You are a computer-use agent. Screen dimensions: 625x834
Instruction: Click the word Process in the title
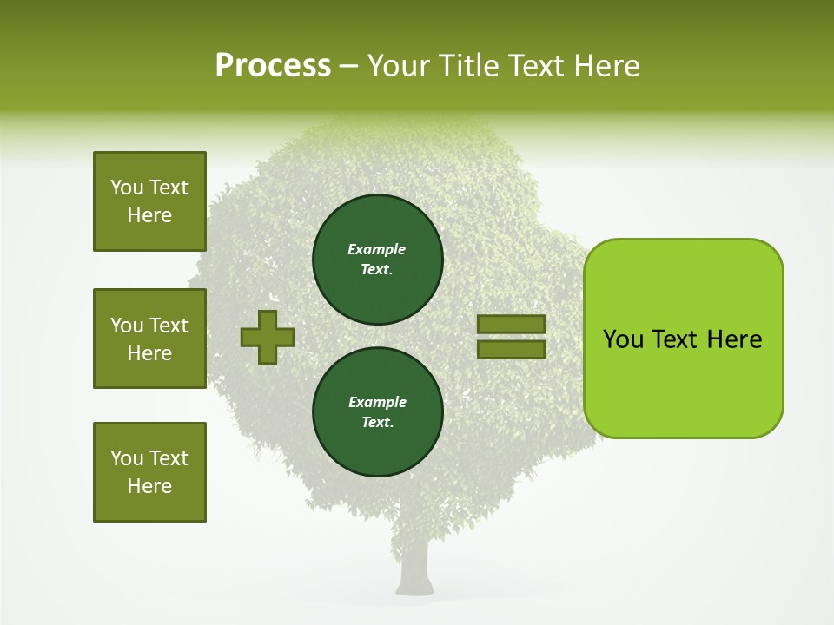(273, 66)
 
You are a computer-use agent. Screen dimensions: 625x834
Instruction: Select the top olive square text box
(149, 201)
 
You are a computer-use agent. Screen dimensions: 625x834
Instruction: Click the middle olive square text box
(149, 339)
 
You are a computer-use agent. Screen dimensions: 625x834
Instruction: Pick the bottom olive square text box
(149, 472)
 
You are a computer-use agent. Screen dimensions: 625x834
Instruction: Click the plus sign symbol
(268, 337)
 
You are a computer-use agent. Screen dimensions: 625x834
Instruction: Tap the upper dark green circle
(377, 260)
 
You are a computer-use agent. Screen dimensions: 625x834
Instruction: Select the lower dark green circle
(377, 412)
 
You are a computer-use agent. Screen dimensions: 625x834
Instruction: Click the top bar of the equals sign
(512, 324)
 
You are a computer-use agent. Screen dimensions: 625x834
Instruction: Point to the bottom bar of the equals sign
(512, 349)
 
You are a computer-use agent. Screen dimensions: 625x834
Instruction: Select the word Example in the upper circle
(376, 249)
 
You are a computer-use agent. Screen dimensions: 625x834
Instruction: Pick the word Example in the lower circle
(377, 402)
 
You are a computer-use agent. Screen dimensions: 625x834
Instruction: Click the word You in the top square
(127, 187)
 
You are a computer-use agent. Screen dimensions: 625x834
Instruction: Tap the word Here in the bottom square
(149, 486)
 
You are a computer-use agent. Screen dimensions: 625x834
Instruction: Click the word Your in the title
(400, 66)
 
